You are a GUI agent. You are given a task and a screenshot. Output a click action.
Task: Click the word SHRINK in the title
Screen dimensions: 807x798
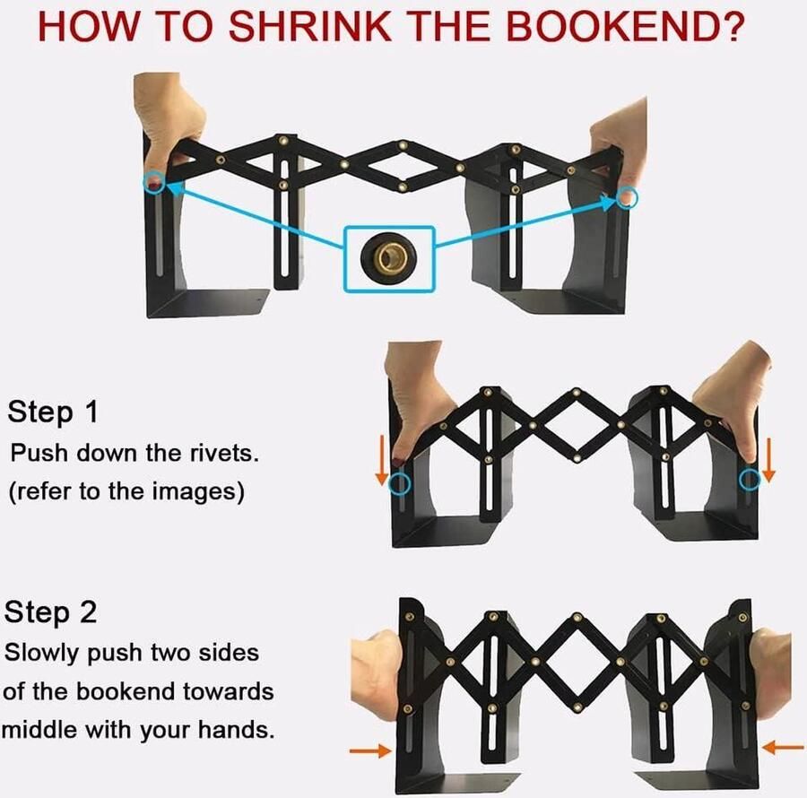tap(310, 26)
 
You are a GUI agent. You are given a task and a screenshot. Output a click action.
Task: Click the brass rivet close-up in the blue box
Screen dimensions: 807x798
tap(388, 257)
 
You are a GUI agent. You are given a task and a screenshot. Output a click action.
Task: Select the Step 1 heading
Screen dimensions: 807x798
tap(53, 412)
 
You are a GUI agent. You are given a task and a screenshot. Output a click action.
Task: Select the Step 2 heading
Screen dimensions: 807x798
tap(50, 612)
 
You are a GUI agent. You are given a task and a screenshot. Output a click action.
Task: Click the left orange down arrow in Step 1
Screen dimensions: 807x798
tap(382, 459)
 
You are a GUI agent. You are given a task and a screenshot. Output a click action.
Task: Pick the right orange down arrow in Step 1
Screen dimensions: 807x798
tap(768, 459)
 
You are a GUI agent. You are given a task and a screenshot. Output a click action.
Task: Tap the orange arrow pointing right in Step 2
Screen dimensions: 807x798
tap(370, 750)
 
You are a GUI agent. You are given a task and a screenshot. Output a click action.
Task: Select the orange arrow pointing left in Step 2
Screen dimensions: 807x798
tap(783, 747)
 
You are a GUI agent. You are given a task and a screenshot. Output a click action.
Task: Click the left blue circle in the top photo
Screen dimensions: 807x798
tap(154, 183)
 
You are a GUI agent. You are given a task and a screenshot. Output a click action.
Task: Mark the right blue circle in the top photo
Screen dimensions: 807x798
tap(627, 197)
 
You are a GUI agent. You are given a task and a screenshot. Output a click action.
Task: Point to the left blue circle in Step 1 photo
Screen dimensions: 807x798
tap(399, 483)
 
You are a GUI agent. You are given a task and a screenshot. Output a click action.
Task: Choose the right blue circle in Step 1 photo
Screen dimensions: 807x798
tap(750, 480)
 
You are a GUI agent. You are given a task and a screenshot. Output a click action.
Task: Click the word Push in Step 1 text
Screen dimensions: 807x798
tap(39, 454)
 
